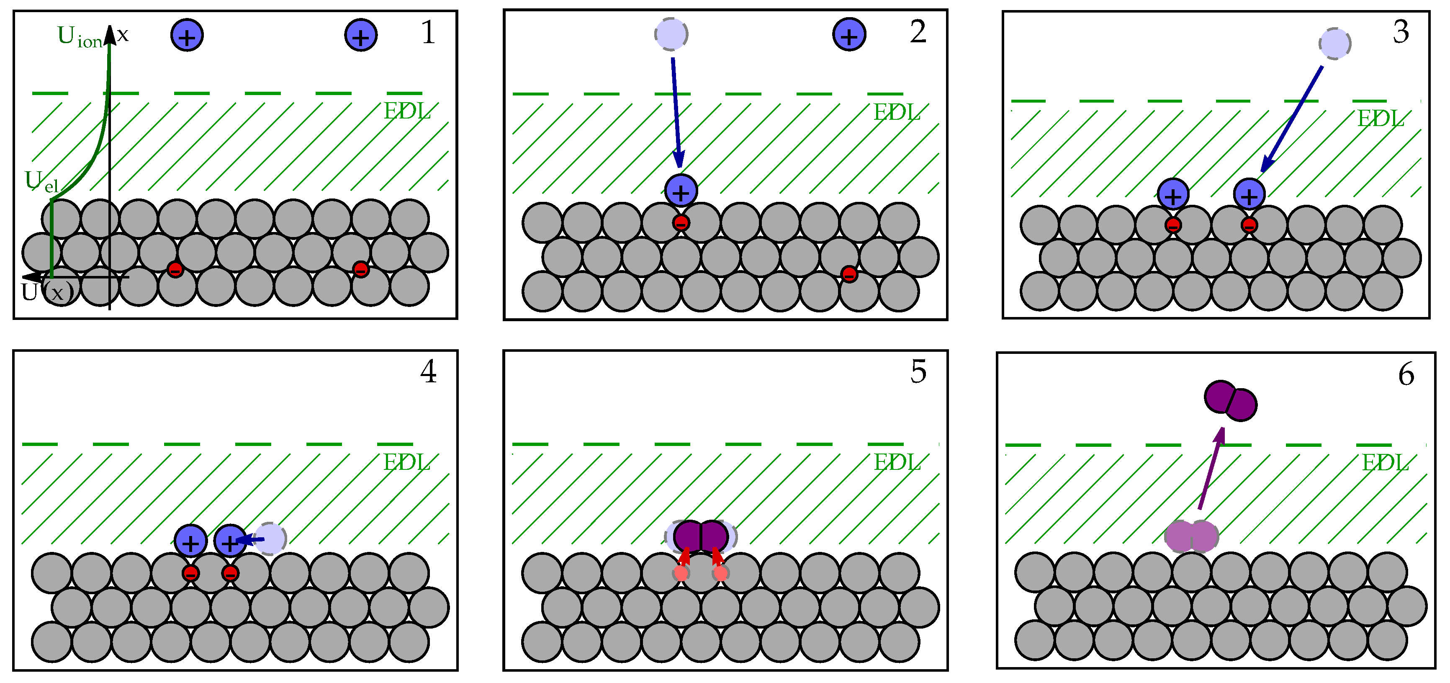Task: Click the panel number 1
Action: click(428, 32)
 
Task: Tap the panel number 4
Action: click(428, 371)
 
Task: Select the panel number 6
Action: click(1406, 374)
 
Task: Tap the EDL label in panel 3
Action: click(1380, 119)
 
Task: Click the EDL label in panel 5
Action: click(897, 463)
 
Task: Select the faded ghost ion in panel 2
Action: click(671, 34)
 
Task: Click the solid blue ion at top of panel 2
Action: click(849, 34)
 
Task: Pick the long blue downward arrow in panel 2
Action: click(676, 113)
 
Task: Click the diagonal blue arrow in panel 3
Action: click(1291, 119)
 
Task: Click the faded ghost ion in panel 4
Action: click(270, 538)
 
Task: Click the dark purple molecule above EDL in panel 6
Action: click(1231, 400)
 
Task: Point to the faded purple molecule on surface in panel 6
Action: click(1191, 536)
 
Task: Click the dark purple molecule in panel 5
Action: click(700, 536)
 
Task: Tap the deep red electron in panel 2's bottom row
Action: click(849, 274)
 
